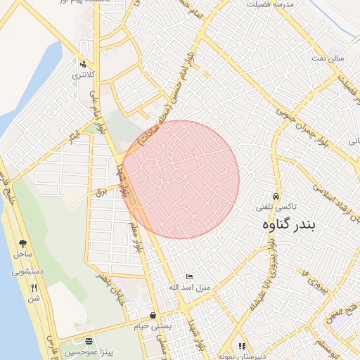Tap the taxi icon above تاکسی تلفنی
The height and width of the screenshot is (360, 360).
coord(276,197)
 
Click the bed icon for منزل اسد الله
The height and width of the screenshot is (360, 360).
coord(188,277)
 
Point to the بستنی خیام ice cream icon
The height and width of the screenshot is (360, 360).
coord(153,316)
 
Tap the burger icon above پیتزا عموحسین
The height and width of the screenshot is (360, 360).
coord(86,339)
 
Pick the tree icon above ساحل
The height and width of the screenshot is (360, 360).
coord(22,243)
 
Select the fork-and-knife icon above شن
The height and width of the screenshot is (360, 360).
coord(33,287)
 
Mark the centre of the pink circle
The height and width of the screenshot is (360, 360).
coord(181,179)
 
